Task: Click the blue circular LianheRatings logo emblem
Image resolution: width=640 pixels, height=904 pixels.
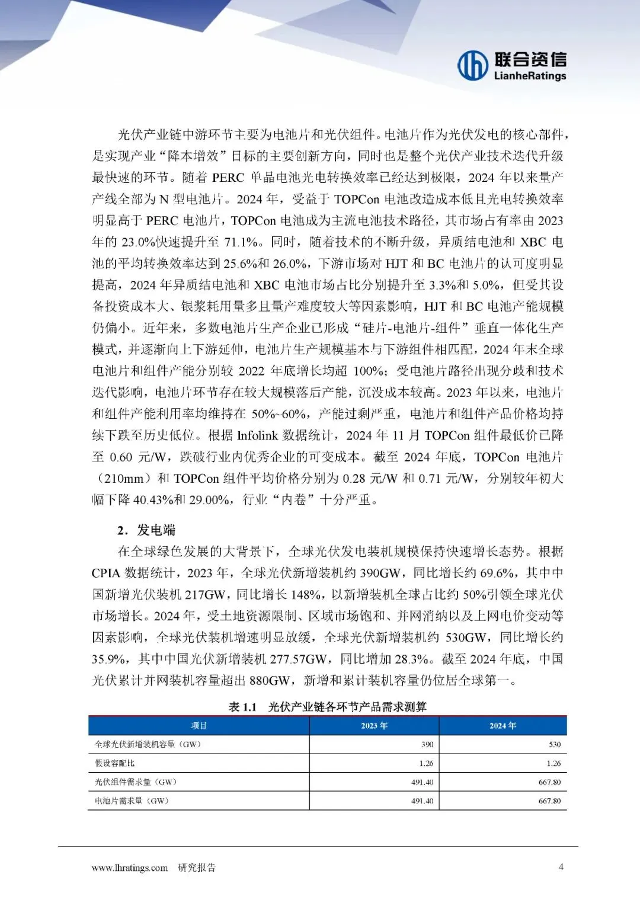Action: [472, 65]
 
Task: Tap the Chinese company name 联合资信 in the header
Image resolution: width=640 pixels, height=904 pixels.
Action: [530, 59]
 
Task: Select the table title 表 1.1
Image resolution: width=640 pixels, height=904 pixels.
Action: [242, 707]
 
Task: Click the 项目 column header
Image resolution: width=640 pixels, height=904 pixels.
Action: [199, 726]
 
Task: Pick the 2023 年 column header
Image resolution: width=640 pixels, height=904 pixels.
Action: [374, 726]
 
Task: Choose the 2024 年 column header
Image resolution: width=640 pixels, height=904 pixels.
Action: [503, 726]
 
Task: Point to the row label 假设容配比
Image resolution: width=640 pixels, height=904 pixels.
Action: [115, 763]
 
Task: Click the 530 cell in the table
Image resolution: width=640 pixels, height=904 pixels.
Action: [555, 745]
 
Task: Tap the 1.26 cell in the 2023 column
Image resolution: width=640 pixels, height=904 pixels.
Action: [426, 764]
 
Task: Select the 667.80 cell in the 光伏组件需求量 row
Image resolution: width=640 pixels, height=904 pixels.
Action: [549, 782]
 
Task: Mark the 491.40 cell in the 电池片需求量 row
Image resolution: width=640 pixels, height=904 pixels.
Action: [422, 801]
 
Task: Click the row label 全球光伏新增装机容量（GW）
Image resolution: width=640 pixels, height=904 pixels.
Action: [148, 744]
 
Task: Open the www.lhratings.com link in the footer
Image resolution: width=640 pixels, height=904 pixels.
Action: [130, 868]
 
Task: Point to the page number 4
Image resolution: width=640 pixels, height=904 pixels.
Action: [561, 867]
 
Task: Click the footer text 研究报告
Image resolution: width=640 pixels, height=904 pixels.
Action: [197, 868]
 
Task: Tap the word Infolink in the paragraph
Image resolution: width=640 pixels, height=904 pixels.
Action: [258, 435]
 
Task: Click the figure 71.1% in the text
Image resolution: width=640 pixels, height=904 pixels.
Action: [241, 242]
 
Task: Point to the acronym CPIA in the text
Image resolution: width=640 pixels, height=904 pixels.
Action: [106, 573]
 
